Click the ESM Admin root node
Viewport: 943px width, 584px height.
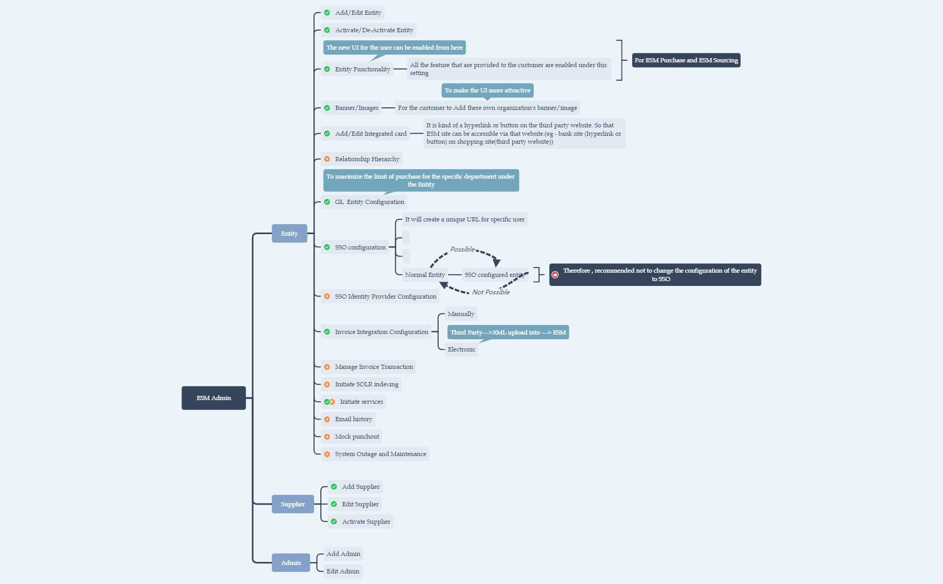click(214, 398)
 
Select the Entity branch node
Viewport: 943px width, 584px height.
click(289, 234)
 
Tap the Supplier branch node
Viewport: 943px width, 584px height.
click(292, 504)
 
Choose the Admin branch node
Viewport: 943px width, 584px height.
click(291, 563)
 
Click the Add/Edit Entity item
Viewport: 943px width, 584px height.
click(357, 13)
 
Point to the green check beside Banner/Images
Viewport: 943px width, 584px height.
click(327, 108)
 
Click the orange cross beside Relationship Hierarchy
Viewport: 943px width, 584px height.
click(327, 159)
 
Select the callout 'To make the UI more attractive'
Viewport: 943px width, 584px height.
click(487, 90)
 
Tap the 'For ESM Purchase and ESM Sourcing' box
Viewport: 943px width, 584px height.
click(686, 60)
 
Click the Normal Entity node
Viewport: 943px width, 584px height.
click(424, 275)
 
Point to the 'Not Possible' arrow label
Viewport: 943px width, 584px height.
click(491, 292)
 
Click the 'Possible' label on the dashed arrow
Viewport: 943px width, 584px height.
click(462, 249)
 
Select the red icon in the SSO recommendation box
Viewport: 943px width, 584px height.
click(555, 275)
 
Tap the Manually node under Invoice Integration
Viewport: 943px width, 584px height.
click(461, 314)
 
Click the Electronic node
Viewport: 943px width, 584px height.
click(461, 349)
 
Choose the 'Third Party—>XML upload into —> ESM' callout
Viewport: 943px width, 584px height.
click(508, 332)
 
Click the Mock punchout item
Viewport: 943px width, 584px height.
click(357, 437)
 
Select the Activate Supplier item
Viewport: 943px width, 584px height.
click(366, 522)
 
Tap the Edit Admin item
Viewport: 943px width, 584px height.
click(343, 571)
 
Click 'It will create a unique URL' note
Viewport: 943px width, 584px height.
click(465, 219)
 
